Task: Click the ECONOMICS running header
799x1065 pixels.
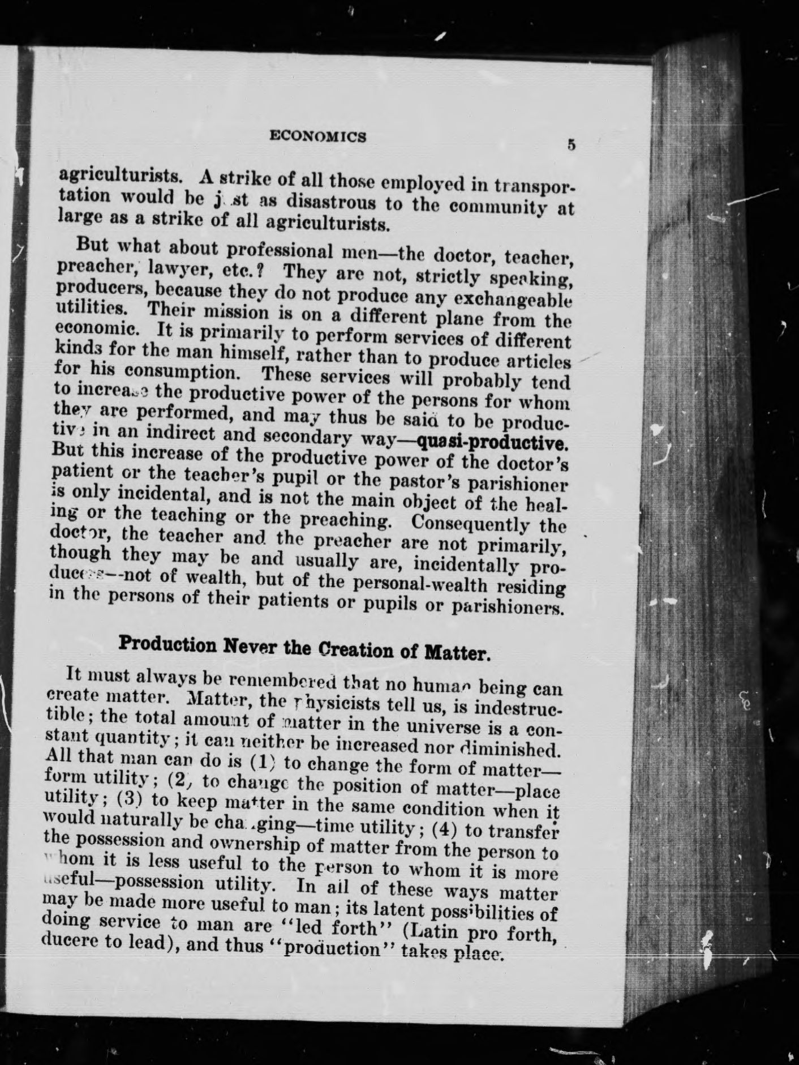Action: [x=318, y=136]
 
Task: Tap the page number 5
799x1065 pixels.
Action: [x=572, y=145]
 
